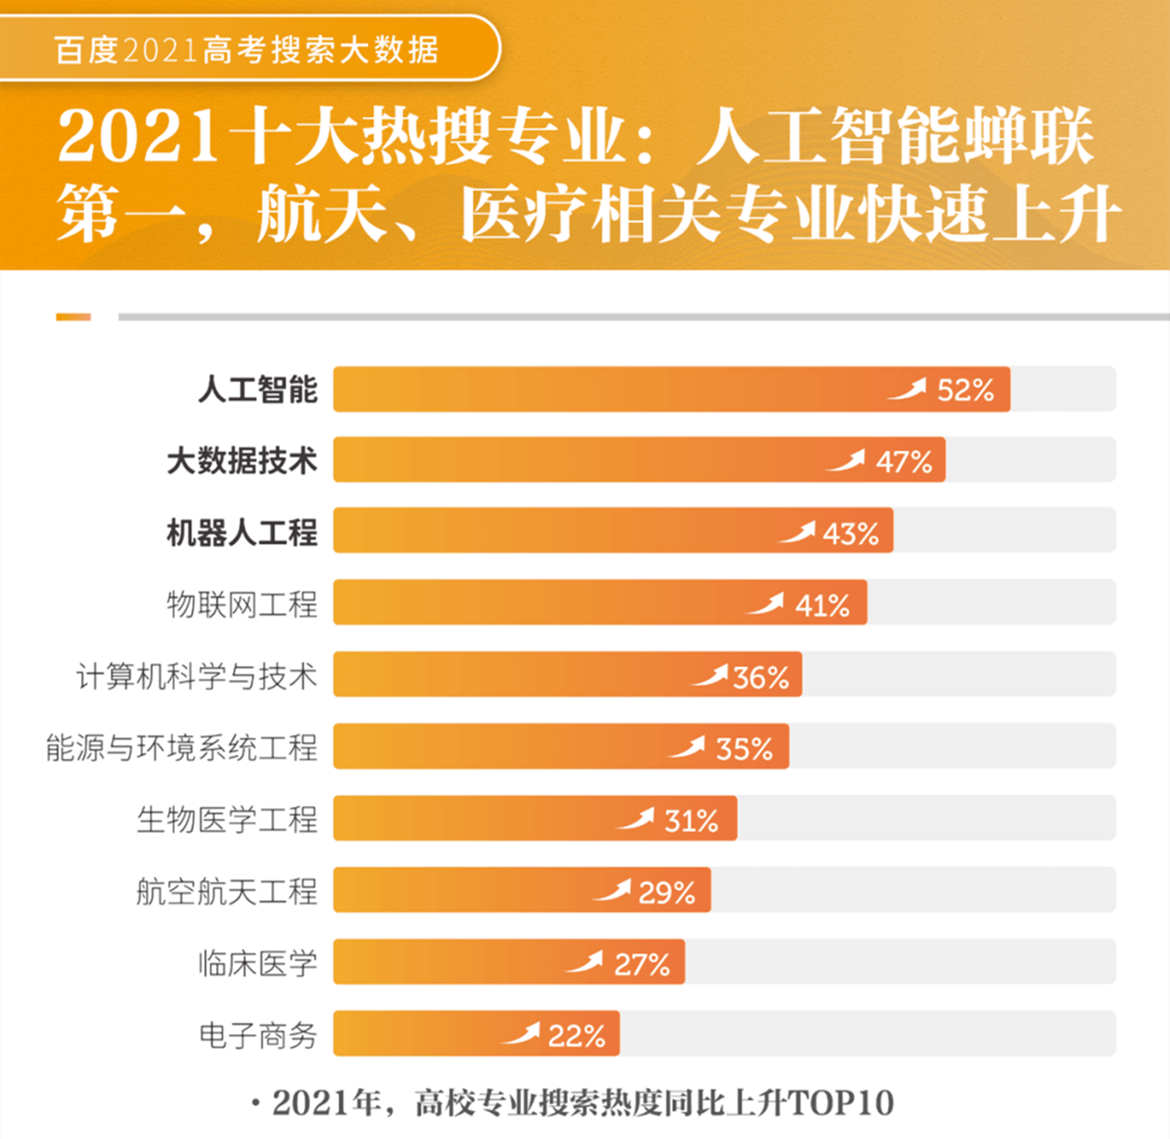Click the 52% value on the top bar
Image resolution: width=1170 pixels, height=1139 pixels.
[x=964, y=390]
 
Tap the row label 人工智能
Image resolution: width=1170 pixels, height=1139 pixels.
[x=257, y=390]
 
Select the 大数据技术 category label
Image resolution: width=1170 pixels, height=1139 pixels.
[x=242, y=461]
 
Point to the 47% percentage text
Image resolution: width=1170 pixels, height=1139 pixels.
[x=904, y=462]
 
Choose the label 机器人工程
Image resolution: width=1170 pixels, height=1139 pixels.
[x=242, y=533]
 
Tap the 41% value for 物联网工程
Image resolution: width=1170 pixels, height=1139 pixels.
[x=822, y=605]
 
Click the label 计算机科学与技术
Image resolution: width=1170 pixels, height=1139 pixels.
[x=197, y=677]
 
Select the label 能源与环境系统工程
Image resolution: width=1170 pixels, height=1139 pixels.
[x=182, y=748]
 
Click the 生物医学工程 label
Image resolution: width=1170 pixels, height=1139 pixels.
[x=227, y=819]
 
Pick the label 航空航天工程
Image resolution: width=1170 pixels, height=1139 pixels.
[x=227, y=891]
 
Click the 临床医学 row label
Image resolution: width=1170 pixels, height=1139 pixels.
[x=257, y=964]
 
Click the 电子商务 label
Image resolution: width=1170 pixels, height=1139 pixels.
[x=257, y=1035]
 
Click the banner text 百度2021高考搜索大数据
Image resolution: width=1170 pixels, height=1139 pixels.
[x=246, y=50]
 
